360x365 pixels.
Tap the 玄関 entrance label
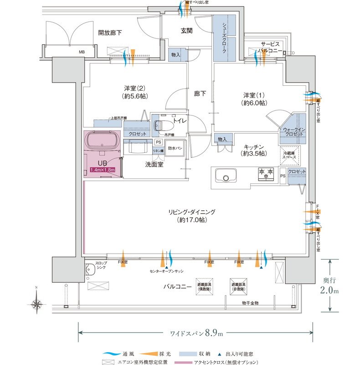point(187,31)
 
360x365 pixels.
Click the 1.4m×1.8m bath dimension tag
point(102,170)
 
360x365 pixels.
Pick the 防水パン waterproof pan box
point(175,148)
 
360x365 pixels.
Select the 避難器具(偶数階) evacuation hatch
point(205,286)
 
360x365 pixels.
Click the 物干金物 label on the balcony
point(250,303)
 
